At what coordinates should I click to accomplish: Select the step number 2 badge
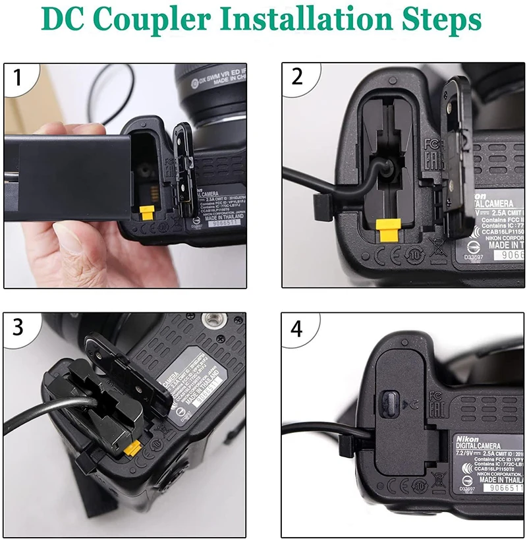click(297, 77)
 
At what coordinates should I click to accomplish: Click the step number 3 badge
click(18, 327)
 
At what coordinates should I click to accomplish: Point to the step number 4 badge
click(297, 327)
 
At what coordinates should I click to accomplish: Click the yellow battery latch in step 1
click(146, 212)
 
